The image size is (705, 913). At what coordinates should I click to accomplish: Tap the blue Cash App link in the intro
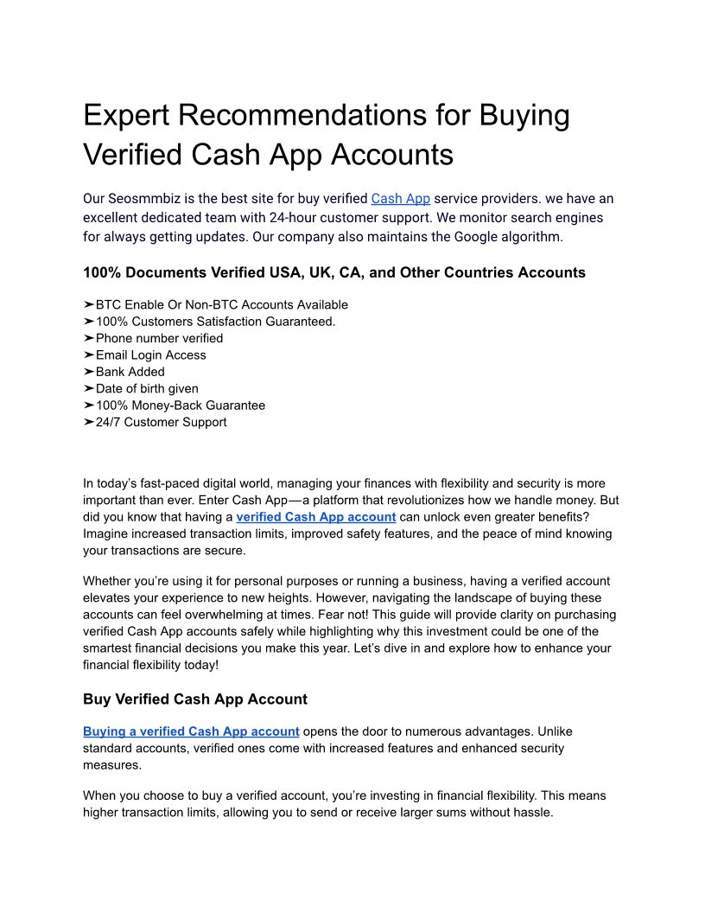[400, 199]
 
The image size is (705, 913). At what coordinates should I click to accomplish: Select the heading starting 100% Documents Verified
[333, 273]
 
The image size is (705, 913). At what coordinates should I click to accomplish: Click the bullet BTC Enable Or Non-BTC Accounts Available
[221, 304]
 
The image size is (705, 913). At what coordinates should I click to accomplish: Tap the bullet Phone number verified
[159, 338]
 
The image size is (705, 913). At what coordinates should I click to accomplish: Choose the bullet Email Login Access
[150, 354]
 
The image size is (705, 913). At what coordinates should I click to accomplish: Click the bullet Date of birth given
[147, 388]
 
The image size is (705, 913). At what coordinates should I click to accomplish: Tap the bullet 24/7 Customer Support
[161, 422]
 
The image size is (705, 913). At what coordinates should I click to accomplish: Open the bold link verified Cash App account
[315, 517]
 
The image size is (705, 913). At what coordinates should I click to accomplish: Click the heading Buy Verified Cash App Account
[194, 699]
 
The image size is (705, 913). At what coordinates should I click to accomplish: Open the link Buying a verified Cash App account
[191, 731]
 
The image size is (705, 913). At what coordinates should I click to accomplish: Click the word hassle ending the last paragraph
[532, 813]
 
